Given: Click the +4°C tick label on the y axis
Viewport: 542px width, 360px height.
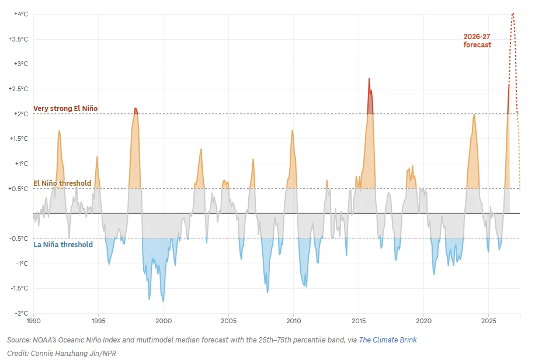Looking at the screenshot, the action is [x=21, y=14].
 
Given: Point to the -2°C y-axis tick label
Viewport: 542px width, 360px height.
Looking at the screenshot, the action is [x=22, y=313].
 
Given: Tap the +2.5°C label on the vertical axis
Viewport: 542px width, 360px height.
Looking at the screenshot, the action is [x=18, y=89].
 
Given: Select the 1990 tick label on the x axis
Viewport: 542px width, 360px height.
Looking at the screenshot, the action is [x=33, y=321].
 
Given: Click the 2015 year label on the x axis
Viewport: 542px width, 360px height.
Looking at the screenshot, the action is [x=359, y=321].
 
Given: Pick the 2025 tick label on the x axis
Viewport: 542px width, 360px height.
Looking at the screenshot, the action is [x=489, y=321].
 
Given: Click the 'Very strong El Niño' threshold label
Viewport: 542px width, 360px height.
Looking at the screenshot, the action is [x=65, y=108].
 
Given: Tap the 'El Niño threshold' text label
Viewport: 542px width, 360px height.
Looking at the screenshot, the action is [x=62, y=183].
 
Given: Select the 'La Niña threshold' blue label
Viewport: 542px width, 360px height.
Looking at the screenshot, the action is [x=63, y=244].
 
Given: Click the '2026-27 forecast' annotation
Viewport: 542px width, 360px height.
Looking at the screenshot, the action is [x=477, y=40].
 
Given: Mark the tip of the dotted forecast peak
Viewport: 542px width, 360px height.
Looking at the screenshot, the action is [x=513, y=13].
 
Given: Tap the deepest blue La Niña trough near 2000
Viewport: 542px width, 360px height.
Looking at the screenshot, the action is [x=163, y=301].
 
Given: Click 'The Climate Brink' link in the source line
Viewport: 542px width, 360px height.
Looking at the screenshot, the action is [x=388, y=340].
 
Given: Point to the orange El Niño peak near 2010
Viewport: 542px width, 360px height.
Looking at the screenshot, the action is [x=293, y=130].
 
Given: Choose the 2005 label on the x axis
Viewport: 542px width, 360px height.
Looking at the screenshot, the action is [x=228, y=321].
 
